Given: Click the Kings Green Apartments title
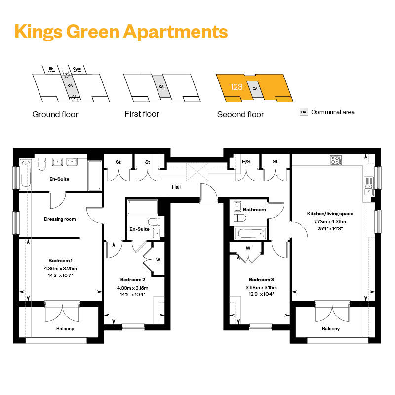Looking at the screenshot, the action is pyautogui.click(x=121, y=32).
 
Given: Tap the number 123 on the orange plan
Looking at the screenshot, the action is pyautogui.click(x=237, y=87).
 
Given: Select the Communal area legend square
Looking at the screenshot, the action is pyautogui.click(x=304, y=112).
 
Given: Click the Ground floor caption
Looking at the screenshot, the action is pyautogui.click(x=55, y=114).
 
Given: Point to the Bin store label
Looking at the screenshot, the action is pyautogui.click(x=51, y=70).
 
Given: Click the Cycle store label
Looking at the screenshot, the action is pyautogui.click(x=77, y=70).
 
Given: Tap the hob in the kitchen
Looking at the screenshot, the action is pyautogui.click(x=336, y=160).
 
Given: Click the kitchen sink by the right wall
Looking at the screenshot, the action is pyautogui.click(x=368, y=186).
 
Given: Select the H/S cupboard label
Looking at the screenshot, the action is pyautogui.click(x=246, y=162).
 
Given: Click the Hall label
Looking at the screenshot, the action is pyautogui.click(x=176, y=187).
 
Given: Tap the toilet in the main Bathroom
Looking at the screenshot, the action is pyautogui.click(x=239, y=218).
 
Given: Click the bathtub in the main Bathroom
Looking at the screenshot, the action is pyautogui.click(x=250, y=233).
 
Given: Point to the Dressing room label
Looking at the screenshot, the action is pyautogui.click(x=60, y=219).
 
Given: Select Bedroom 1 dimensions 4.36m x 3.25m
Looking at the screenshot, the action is pyautogui.click(x=60, y=268).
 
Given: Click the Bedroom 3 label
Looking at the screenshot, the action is pyautogui.click(x=261, y=279).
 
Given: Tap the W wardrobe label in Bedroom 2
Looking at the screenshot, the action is pyautogui.click(x=158, y=260).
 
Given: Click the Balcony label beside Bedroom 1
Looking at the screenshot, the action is pyautogui.click(x=65, y=329).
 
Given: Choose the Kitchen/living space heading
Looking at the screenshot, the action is pyautogui.click(x=330, y=214).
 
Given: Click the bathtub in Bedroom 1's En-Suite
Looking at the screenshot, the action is pyautogui.click(x=26, y=174).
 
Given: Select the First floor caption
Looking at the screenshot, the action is pyautogui.click(x=142, y=114).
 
